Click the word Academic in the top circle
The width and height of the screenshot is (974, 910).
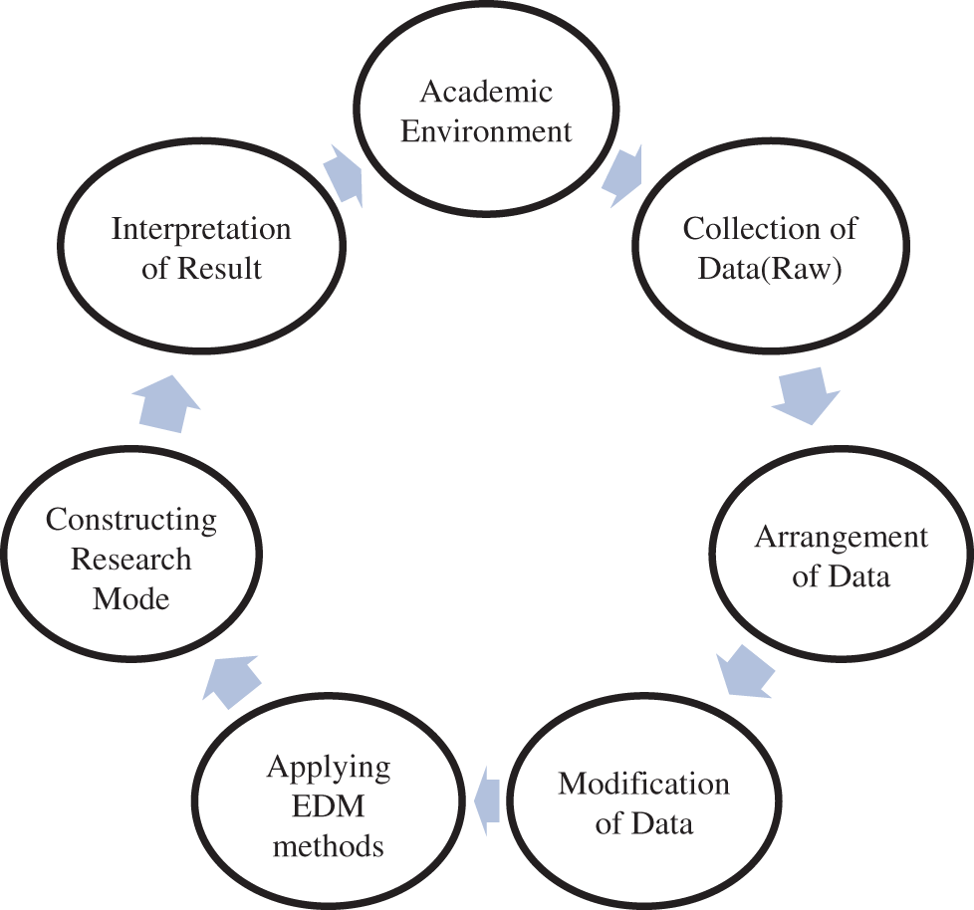pos(486,93)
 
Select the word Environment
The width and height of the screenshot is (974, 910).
pos(486,131)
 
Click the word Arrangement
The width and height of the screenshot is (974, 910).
pos(841,538)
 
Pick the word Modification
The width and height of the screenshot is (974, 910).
pos(643,784)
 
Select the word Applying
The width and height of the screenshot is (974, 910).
pos(329,768)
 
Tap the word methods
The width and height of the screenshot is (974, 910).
pos(329,846)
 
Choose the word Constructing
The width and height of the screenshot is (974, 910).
pos(131,520)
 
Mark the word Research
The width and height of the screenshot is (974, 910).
pos(131,559)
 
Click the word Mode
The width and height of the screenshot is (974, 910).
pos(131,598)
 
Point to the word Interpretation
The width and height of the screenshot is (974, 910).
pos(201,229)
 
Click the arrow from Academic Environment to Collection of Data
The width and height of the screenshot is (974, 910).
pos(623,175)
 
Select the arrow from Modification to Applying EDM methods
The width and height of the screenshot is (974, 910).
pos(485,797)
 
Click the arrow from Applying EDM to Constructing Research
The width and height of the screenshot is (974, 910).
pos(232,679)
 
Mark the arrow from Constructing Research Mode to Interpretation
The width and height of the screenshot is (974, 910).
pos(165,403)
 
